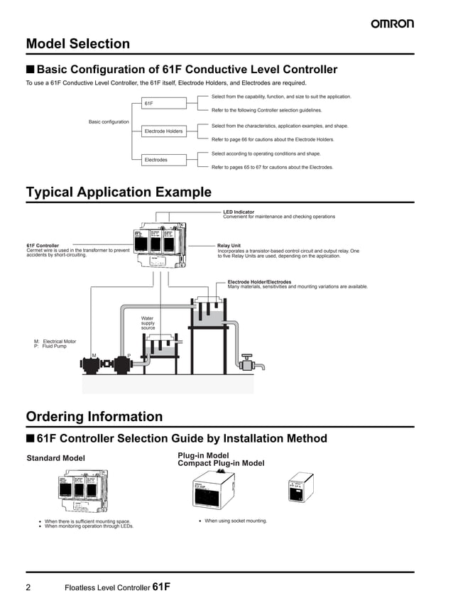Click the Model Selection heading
pos(78,44)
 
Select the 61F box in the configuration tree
pos(165,104)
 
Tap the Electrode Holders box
pos(165,131)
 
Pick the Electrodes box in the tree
pos(165,160)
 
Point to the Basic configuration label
pos(109,121)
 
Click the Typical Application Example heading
pos(119,192)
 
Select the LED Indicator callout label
pos(239,212)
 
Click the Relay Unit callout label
pos(229,246)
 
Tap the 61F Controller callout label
pos(43,246)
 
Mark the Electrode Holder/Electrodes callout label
pos(259,282)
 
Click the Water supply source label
pos(148,323)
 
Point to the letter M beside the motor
pos(94,355)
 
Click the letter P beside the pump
pos(129,355)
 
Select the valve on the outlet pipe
pos(247,364)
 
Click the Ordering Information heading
pos(94,416)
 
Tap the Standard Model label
pos(55,458)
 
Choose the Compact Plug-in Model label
pos(221,463)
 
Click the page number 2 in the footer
pos(29,587)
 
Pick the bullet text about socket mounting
pos(236,521)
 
